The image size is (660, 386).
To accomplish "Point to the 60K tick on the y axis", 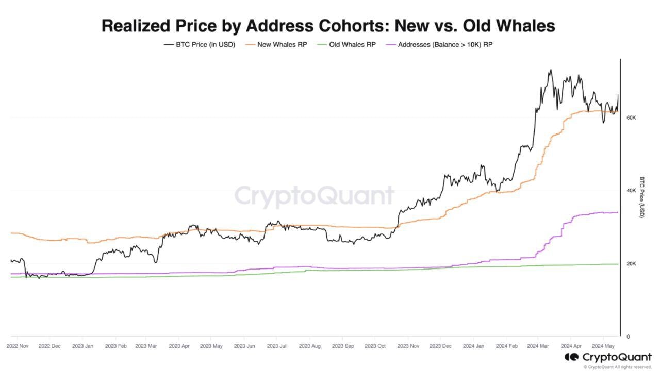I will (x=631, y=118).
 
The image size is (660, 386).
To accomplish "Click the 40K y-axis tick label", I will (x=631, y=191).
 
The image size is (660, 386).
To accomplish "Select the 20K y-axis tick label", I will (x=631, y=264).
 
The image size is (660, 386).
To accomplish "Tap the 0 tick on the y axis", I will (x=628, y=337).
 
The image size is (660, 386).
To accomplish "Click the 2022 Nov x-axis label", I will (x=17, y=346).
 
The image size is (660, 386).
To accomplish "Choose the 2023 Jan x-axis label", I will (x=82, y=346).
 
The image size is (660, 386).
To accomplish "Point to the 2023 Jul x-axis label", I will (x=277, y=346).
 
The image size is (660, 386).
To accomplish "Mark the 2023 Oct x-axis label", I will (x=375, y=346).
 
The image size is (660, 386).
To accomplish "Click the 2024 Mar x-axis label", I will (x=537, y=346).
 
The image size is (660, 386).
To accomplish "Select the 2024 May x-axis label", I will (x=602, y=346).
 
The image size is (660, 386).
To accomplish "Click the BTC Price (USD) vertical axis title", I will (x=642, y=197).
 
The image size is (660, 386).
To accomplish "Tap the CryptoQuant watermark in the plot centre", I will (x=314, y=196).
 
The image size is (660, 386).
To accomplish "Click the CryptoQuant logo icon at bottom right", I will (x=571, y=357).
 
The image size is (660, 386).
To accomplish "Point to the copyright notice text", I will (x=617, y=367).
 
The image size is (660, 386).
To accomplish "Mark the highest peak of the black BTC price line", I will (x=550, y=70).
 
